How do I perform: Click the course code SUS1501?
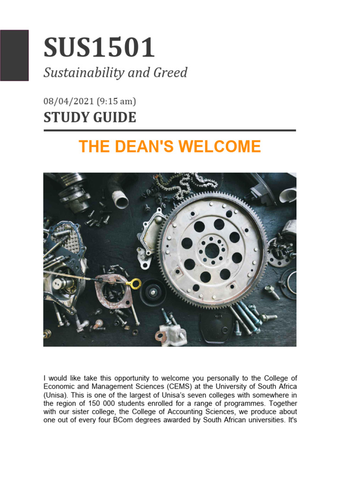99,48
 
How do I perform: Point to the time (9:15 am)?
116,101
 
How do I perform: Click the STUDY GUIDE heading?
90,117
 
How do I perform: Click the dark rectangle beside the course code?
14,55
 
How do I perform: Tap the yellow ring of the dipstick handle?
135,283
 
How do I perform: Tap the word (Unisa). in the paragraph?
57,395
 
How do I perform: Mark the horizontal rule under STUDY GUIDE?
170,130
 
